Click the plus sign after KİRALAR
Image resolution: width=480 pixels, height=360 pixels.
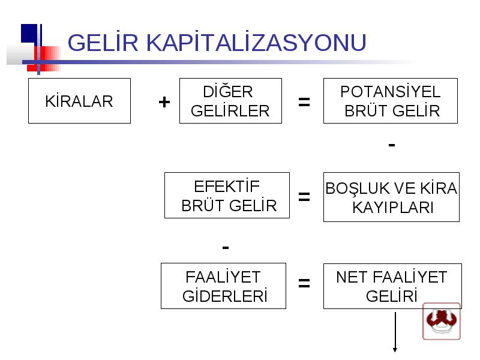164,102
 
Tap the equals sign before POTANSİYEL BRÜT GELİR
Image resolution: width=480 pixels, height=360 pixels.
304,102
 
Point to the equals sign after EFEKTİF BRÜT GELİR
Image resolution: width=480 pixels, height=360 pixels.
304,197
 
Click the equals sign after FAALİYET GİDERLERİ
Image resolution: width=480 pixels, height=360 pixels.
304,283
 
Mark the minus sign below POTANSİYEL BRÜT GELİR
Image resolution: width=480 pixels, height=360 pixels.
392,145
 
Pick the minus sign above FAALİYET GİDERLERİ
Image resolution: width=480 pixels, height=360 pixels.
226,247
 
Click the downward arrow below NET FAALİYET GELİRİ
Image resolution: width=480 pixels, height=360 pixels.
395,332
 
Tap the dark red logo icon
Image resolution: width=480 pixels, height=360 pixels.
442,322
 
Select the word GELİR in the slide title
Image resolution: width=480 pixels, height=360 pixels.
103,42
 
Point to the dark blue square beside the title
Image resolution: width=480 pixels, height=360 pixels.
29,34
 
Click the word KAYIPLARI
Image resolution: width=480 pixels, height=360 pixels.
393,208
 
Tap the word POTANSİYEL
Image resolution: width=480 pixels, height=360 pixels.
391,92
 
